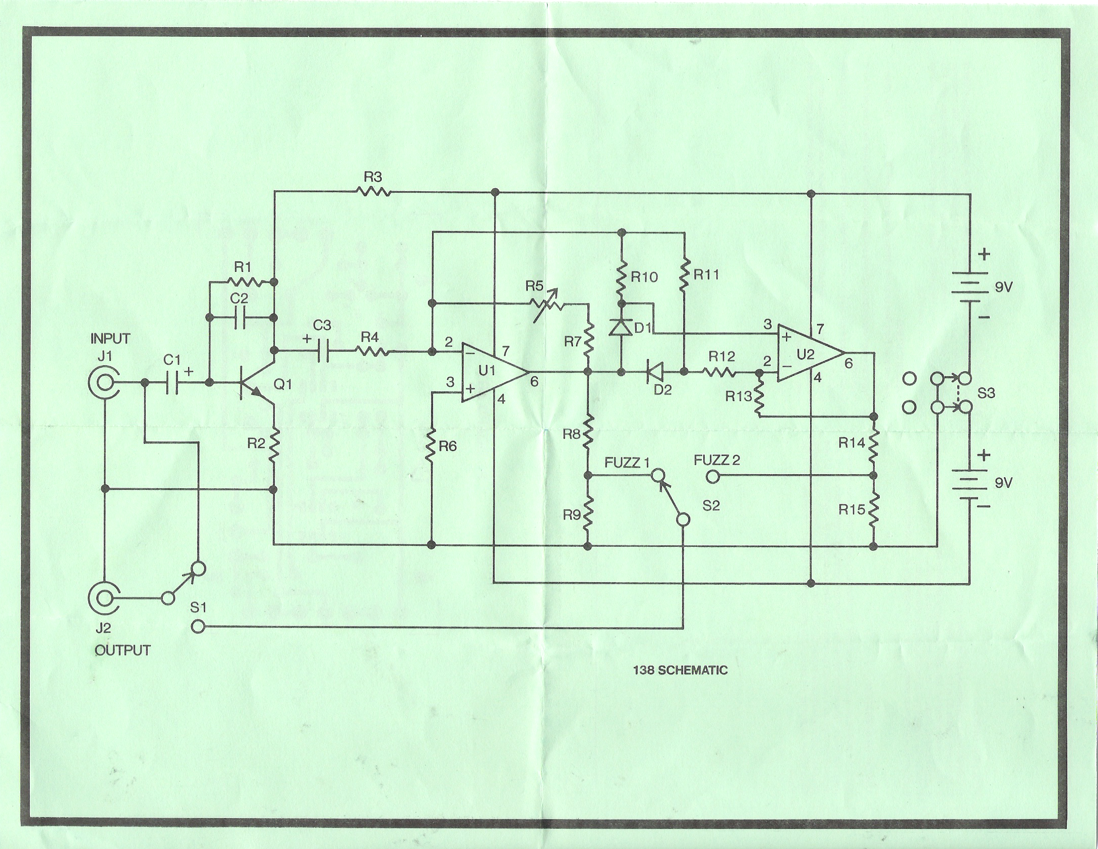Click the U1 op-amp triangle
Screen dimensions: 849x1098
pyautogui.click(x=492, y=372)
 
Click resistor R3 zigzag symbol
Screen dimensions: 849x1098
pyautogui.click(x=373, y=192)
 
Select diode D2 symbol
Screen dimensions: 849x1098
pyautogui.click(x=653, y=372)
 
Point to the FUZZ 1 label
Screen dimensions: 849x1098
pyautogui.click(x=627, y=463)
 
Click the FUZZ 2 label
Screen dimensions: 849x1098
pyautogui.click(x=716, y=460)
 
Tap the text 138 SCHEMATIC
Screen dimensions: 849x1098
pyautogui.click(x=680, y=670)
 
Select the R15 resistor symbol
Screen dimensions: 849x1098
pyautogui.click(x=874, y=510)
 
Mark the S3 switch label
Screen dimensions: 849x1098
pyautogui.click(x=986, y=393)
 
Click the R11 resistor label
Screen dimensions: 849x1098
pyautogui.click(x=706, y=275)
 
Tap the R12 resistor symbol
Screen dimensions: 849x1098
pyautogui.click(x=721, y=372)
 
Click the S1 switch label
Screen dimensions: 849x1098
pyautogui.click(x=198, y=607)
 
